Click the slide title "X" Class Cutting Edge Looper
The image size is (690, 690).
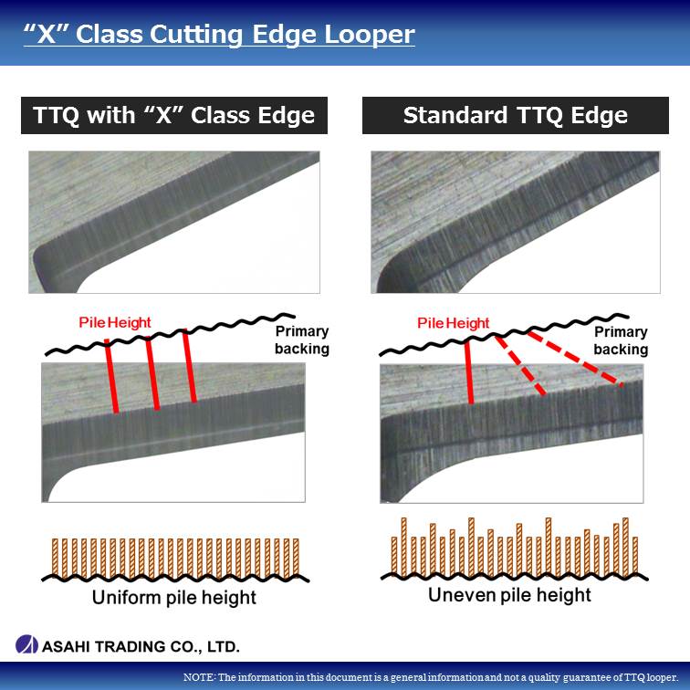[219, 35]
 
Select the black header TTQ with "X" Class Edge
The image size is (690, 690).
[174, 115]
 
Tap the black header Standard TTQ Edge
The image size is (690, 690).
[516, 115]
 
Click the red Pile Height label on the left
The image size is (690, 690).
[115, 322]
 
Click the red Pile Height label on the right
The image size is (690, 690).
[454, 323]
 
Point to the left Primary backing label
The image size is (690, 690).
[302, 340]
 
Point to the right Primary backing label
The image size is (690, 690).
[621, 340]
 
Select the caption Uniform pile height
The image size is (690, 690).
[174, 598]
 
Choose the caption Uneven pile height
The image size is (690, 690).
[509, 595]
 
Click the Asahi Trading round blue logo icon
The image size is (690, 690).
[26, 644]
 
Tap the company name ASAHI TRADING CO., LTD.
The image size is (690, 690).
[141, 646]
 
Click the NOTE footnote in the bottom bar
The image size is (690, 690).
[431, 677]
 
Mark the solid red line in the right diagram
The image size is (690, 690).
[469, 371]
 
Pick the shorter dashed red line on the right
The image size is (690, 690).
[520, 365]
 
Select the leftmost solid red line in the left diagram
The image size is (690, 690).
[111, 376]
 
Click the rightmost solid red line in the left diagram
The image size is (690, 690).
[190, 366]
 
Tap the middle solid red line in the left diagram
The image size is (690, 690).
[152, 373]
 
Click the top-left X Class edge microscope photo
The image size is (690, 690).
[174, 222]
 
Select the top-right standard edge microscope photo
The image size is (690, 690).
[516, 222]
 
